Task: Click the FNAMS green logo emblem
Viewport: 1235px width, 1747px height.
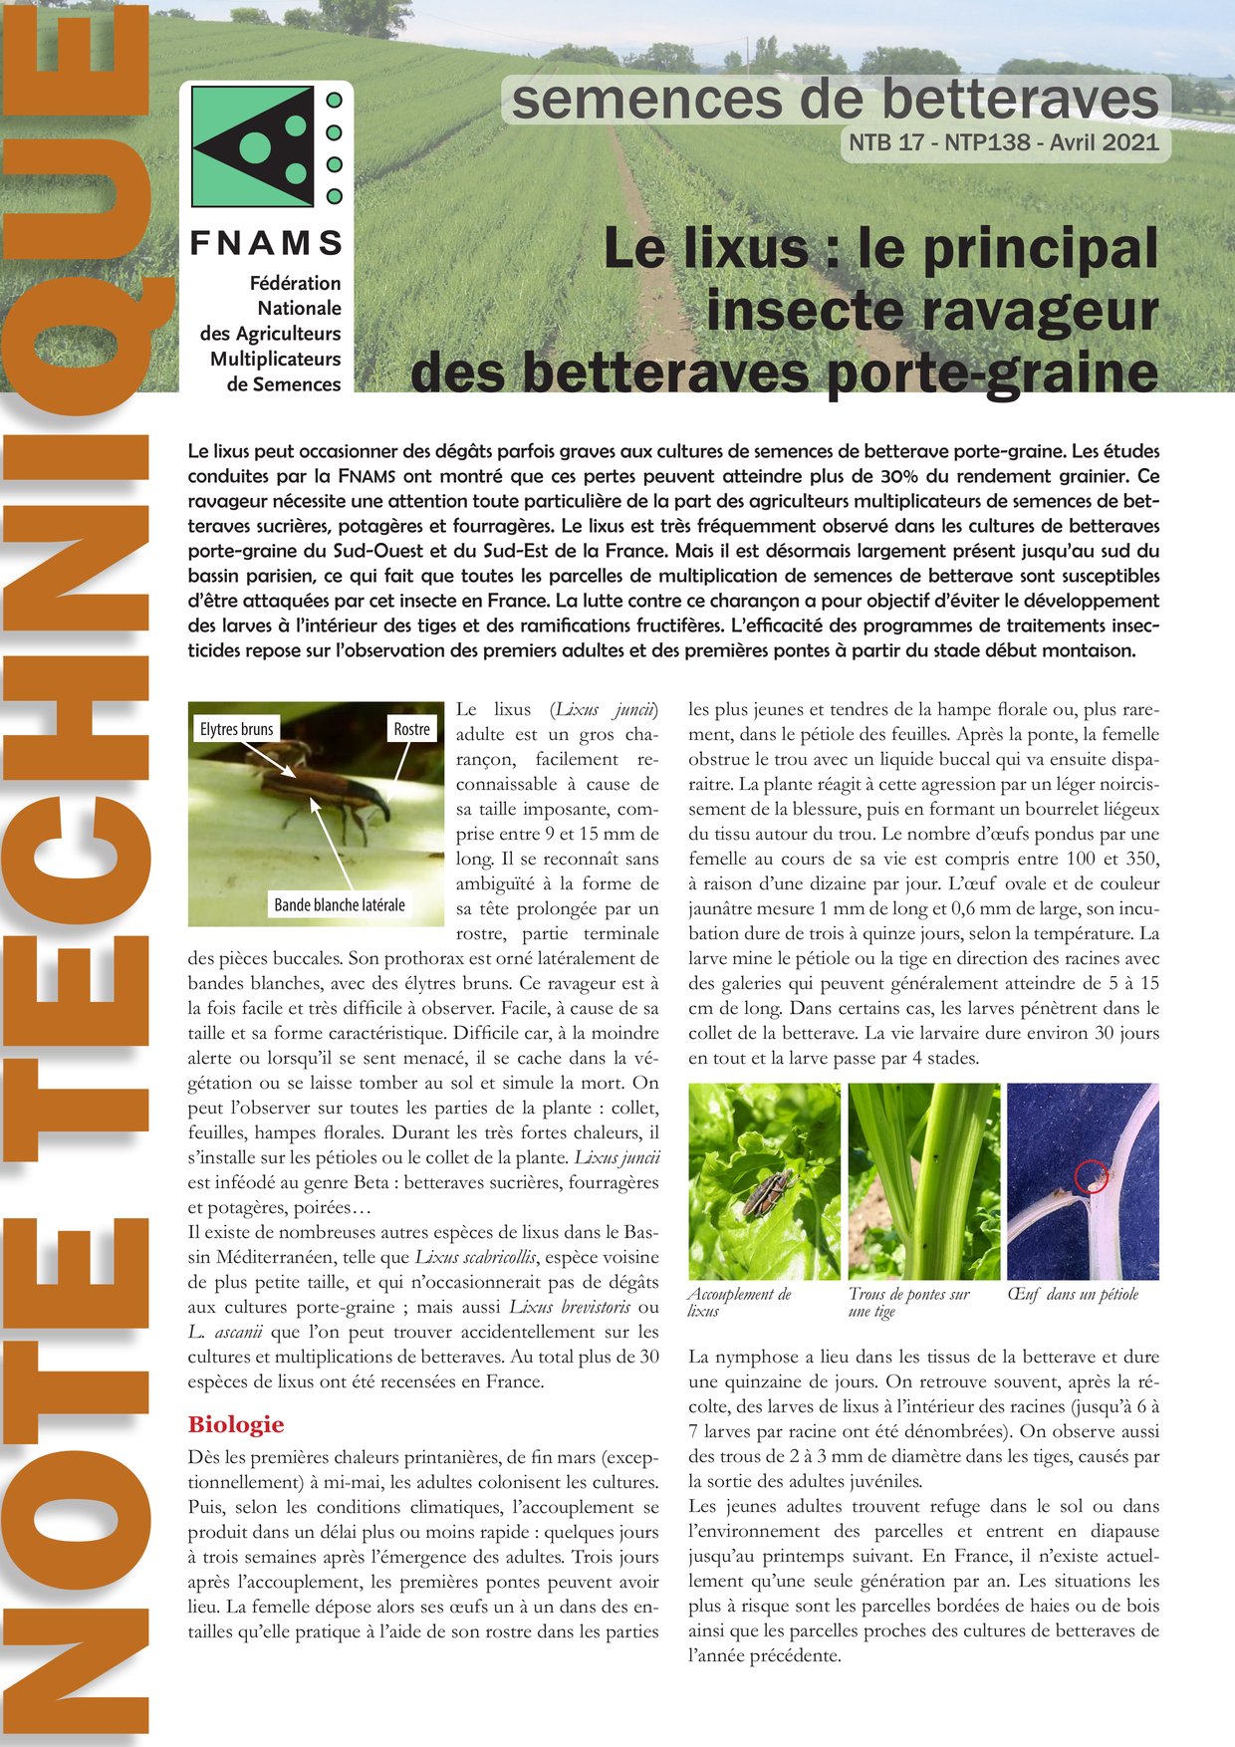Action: click(x=253, y=146)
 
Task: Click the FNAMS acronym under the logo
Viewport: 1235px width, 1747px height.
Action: click(x=266, y=243)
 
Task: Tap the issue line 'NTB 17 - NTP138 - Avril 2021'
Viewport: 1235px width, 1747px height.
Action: click(x=1004, y=142)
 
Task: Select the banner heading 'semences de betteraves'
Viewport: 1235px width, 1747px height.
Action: click(x=835, y=100)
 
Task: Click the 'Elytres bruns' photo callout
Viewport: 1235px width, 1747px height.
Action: click(x=236, y=729)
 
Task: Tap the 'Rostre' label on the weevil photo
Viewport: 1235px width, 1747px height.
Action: click(x=411, y=729)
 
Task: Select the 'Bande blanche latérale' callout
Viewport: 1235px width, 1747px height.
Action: click(x=340, y=904)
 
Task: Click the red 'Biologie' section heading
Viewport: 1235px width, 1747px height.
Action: click(x=236, y=1424)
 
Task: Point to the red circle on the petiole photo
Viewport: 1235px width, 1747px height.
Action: click(x=1092, y=1176)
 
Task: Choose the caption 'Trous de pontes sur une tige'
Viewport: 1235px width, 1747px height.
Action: click(x=908, y=1302)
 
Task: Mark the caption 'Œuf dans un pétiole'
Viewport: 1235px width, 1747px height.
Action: click(x=1072, y=1294)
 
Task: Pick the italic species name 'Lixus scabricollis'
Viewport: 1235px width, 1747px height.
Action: click(x=476, y=1257)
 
